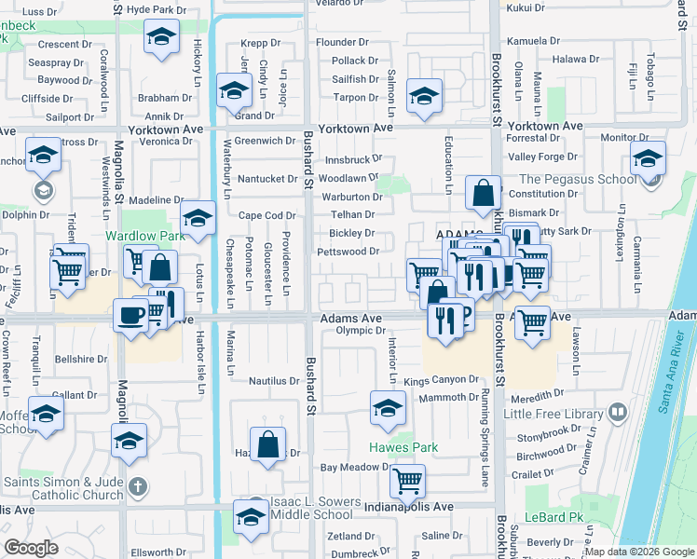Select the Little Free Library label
[x=553, y=413]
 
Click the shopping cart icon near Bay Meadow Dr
[x=407, y=482]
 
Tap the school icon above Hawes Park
[x=388, y=407]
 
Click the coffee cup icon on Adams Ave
[x=130, y=315]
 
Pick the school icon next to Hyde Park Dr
[x=161, y=38]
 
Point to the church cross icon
[x=137, y=486]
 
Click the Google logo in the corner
[x=31, y=548]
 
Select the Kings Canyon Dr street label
[x=441, y=381]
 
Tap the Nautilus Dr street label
[x=273, y=381]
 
